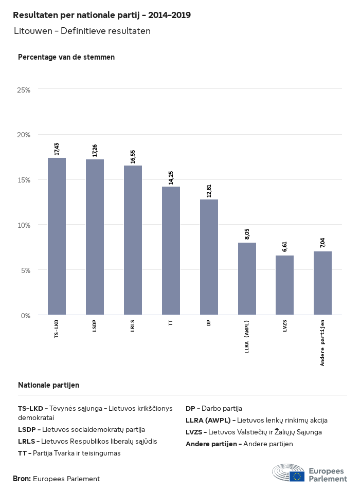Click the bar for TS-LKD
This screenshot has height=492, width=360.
coord(57,236)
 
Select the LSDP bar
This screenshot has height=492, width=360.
coord(95,237)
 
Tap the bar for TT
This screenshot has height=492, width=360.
coord(171,250)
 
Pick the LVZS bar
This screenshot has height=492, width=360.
coord(284,285)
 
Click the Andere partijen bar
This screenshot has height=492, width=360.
coord(322,283)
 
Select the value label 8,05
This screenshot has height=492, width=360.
coord(247,234)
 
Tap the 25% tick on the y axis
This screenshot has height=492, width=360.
coord(24,90)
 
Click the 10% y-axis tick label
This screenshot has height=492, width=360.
coord(24,225)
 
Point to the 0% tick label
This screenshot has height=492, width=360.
coord(25,315)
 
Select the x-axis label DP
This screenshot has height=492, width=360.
coord(209,323)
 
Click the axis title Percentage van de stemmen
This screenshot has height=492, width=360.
coord(66,57)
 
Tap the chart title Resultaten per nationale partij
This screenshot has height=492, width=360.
coord(102,15)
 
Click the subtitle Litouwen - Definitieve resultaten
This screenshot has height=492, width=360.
coord(82,31)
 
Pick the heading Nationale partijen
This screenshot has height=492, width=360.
coord(48,385)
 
